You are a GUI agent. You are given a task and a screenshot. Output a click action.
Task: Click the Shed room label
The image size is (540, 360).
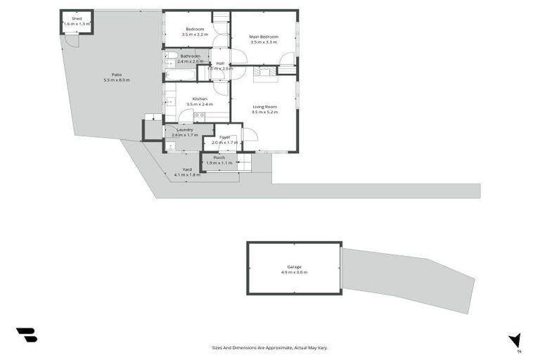pos(77,18)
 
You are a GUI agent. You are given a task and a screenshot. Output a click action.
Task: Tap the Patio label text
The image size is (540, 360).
pos(117,74)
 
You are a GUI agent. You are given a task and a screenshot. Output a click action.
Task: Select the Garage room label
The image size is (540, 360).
pos(294,266)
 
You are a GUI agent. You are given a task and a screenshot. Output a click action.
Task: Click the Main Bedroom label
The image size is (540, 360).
pos(264,37)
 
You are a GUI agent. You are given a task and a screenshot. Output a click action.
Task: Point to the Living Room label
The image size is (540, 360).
pos(265,106)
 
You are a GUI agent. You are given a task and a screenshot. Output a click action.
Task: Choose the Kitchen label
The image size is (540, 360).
pos(199,98)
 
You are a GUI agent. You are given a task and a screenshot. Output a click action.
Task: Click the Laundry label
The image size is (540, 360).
pos(185,129)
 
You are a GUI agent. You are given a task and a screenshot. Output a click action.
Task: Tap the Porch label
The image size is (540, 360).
pos(219,157)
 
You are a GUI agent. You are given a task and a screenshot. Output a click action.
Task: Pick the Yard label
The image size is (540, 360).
pos(187,169)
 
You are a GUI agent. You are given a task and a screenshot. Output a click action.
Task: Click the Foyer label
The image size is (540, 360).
pos(224,137)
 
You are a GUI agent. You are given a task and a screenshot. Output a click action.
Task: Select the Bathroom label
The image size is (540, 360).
pos(190,56)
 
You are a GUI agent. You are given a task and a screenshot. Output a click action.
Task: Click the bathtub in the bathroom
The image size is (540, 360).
pos(181,74)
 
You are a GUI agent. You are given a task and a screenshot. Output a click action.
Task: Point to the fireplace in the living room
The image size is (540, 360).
pos(264,71)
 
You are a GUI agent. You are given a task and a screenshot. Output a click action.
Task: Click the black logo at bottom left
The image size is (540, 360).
pos(26,335)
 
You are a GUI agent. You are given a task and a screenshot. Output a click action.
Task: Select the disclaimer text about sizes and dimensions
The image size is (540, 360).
pos(270,347)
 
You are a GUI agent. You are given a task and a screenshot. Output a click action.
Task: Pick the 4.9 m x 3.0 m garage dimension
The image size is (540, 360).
pos(294,272)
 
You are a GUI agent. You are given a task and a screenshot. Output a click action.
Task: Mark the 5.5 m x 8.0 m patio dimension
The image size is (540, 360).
pos(117,79)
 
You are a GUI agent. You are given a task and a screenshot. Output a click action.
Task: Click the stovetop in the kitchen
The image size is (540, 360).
pos(199,115)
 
